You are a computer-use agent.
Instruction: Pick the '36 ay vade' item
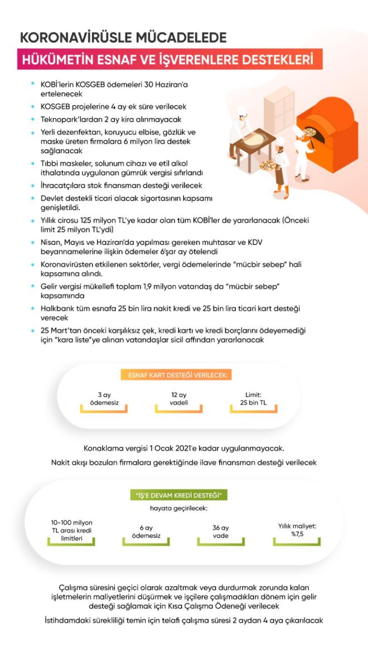(221, 531)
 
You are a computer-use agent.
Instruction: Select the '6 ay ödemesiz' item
(146, 531)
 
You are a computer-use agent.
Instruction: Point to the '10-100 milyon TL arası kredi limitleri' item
(71, 530)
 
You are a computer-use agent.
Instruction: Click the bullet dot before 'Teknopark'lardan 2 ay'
(33, 119)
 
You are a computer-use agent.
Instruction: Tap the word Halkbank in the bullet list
(57, 308)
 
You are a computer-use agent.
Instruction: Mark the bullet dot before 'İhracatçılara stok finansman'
(33, 185)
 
